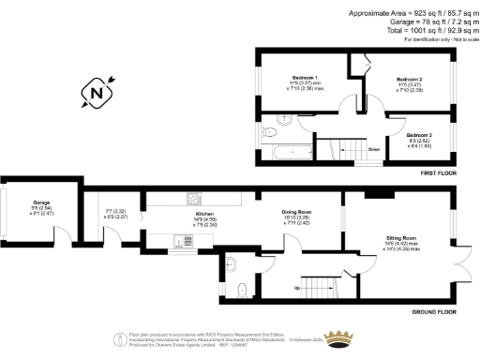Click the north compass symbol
(97, 92)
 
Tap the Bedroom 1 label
(305, 77)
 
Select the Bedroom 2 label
(410, 80)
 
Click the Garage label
(41, 202)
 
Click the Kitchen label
(205, 214)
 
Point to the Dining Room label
(296, 212)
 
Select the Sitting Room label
(400, 239)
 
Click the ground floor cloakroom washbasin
(232, 264)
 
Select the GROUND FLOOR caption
(434, 311)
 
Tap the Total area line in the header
(413, 30)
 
